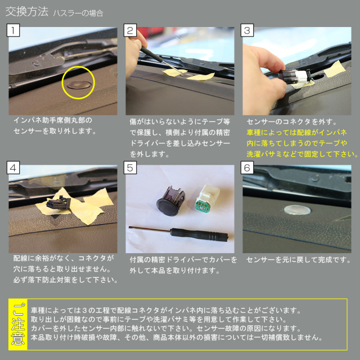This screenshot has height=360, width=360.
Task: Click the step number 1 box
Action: (13, 30)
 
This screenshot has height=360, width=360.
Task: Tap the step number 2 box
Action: (130, 30)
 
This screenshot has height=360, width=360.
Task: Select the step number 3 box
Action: (247, 30)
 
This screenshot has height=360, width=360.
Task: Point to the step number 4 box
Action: (13, 168)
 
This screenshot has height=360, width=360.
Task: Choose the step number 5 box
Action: (130, 168)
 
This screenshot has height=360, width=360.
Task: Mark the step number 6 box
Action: (247, 168)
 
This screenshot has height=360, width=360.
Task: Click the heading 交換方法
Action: (27, 12)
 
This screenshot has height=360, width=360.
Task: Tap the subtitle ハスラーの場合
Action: (78, 13)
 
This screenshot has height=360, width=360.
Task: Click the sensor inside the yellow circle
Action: (79, 85)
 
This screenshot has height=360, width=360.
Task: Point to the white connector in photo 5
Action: (206, 198)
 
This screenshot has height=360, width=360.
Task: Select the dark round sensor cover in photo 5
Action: (171, 201)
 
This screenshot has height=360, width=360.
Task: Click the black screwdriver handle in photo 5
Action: (199, 234)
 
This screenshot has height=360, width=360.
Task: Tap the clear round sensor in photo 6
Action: (297, 210)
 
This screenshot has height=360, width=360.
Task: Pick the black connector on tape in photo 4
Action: (58, 202)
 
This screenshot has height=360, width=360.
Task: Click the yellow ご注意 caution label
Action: (18, 325)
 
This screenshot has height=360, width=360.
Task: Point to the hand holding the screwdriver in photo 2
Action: (134, 54)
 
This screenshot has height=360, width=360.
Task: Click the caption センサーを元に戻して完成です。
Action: (299, 260)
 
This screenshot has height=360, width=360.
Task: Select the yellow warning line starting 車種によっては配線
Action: (296, 133)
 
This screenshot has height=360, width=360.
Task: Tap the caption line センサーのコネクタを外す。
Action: (292, 121)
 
